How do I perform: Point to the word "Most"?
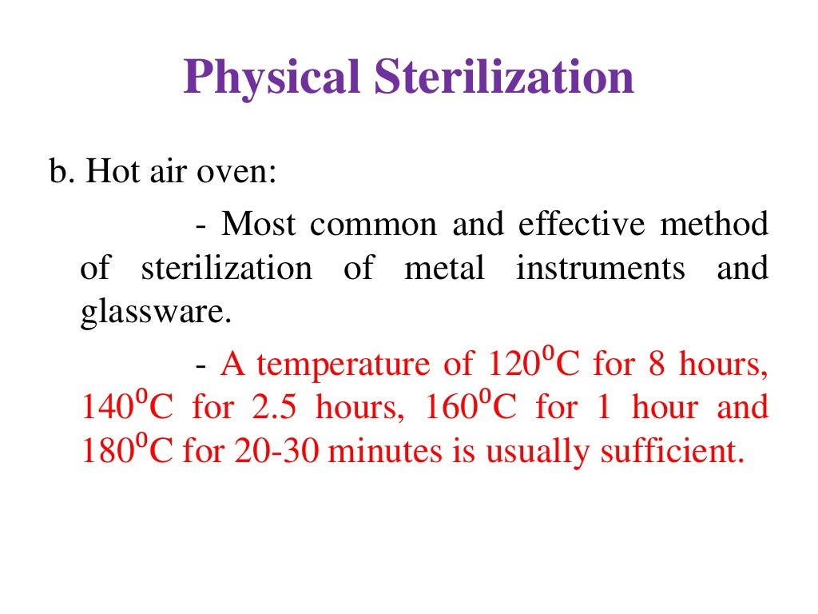[260, 225]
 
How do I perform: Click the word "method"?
[714, 225]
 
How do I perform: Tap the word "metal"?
[444, 269]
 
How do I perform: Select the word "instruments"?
[601, 269]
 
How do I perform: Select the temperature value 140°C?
[126, 408]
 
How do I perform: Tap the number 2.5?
[273, 408]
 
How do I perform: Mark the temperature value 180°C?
[126, 452]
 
